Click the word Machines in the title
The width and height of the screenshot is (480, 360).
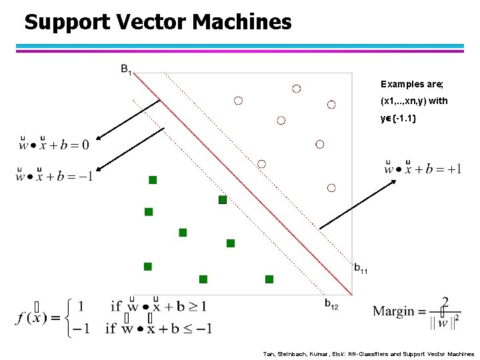coord(243,22)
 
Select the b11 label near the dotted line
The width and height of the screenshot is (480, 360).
coord(360,269)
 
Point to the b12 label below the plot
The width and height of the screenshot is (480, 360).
coord(331,305)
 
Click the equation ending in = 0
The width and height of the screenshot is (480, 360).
coord(55,142)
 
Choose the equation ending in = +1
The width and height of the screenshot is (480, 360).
coord(423,167)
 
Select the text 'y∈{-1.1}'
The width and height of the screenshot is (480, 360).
coord(399,119)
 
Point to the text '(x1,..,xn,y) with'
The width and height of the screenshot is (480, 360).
coord(414,102)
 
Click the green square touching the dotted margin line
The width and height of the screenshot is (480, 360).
coord(223,199)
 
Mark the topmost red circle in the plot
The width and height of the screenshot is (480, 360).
coord(296,88)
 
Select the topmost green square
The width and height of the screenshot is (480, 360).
coord(153,180)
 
